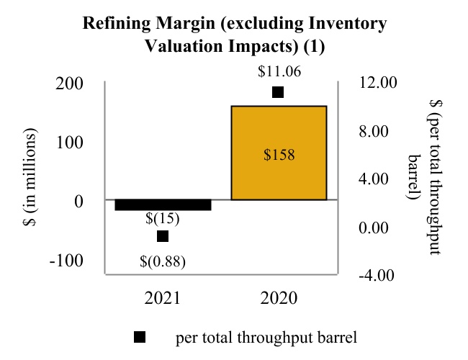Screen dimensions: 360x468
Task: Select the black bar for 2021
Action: (163, 204)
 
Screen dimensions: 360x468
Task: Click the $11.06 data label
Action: (279, 71)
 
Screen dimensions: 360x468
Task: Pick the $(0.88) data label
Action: (163, 261)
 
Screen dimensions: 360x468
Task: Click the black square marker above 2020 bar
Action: (278, 92)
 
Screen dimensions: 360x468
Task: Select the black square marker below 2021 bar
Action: (163, 236)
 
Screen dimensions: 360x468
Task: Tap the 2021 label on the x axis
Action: (163, 298)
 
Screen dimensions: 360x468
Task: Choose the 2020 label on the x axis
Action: (279, 298)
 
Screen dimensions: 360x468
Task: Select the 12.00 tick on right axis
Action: (377, 83)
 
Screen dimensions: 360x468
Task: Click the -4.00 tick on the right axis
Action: (375, 275)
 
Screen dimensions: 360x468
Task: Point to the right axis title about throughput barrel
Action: (425, 178)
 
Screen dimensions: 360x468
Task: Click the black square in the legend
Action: (140, 336)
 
